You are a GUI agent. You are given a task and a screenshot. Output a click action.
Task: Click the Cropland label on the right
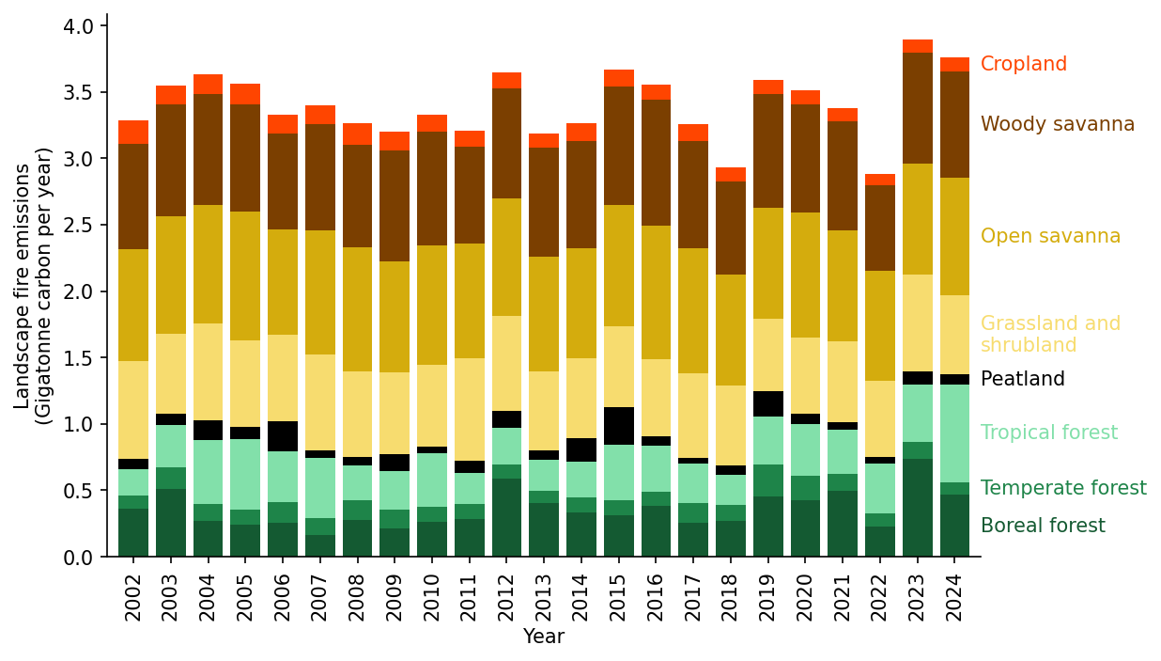[x=1023, y=65]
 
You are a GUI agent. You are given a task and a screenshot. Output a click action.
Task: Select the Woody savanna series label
[x=1057, y=125]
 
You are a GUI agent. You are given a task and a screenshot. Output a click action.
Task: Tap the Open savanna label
[x=1050, y=237]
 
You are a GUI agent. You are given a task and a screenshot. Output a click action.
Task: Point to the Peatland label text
[x=1022, y=380]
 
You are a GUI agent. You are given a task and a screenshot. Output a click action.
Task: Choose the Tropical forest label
[x=1048, y=433]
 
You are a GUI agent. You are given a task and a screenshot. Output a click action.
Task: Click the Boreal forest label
[x=1043, y=527]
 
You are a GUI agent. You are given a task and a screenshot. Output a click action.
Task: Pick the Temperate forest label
[x=1062, y=489]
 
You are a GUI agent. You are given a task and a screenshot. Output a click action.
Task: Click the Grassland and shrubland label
[x=1050, y=335]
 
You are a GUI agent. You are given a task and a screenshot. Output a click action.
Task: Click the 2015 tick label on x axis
[x=618, y=597]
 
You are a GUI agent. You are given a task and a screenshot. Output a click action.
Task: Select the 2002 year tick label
[x=133, y=597]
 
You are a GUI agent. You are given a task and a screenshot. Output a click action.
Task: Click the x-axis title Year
[x=543, y=637]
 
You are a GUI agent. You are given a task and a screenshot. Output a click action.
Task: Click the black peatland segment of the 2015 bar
[x=618, y=426]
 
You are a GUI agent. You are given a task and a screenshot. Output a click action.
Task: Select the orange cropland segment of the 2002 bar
[x=133, y=133]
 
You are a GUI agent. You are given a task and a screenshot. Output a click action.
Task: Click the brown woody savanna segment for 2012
[x=506, y=143]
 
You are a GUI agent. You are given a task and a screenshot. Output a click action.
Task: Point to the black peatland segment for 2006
[x=282, y=436]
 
